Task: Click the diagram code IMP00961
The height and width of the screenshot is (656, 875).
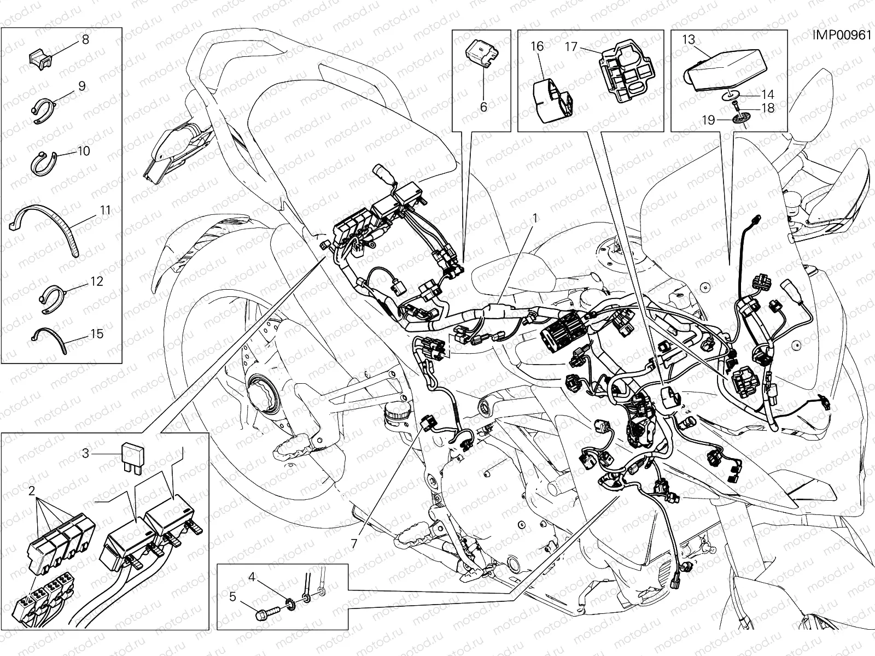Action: (841, 36)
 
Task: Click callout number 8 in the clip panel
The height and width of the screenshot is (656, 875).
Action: (85, 39)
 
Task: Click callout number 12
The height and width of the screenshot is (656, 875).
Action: (96, 282)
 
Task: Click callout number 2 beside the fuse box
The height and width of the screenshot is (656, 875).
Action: (32, 489)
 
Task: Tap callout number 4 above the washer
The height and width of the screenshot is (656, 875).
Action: (252, 576)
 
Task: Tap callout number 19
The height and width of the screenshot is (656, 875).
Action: (709, 120)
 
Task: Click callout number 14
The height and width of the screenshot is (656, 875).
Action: (768, 95)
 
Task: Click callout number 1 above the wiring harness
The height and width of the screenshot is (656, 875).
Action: (535, 218)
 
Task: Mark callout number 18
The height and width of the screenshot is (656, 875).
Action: (768, 108)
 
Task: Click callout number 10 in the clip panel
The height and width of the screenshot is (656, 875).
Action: (83, 150)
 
